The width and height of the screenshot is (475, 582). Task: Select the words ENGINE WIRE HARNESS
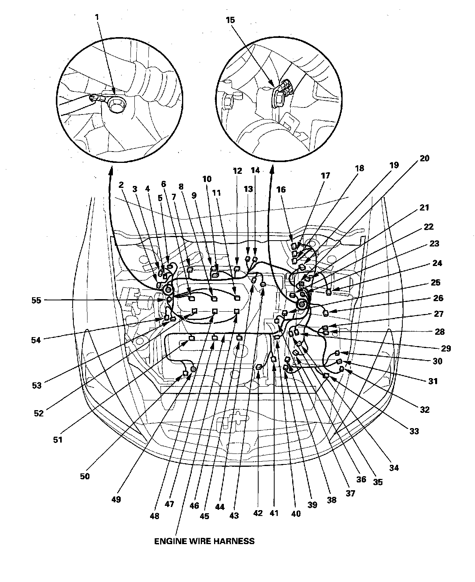pos(204,541)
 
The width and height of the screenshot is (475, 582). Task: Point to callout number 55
pos(36,300)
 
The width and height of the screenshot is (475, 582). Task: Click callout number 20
pos(424,158)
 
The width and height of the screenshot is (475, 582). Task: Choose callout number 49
pos(116,499)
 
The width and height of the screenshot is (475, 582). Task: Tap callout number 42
pos(258,513)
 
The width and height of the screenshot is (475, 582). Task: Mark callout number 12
pos(237,171)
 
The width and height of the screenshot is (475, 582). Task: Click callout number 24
pos(437,263)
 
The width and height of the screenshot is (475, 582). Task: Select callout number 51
pos(58,439)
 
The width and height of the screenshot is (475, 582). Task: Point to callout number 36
pos(361,479)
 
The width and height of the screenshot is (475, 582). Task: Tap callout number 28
pos(440,332)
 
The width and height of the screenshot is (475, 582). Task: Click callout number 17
pos(325,175)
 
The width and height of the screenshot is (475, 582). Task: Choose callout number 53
pos(36,386)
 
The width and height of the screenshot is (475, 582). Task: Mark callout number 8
pos(181,187)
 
